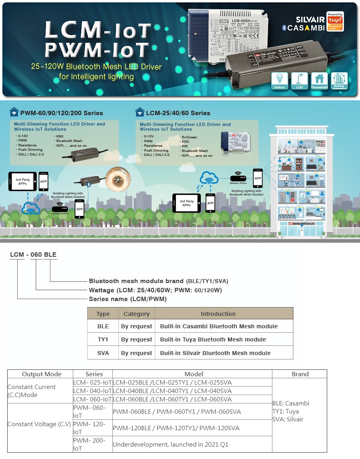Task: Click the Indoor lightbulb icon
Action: (280, 80)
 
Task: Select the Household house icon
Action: (319, 80)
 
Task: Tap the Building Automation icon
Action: (339, 80)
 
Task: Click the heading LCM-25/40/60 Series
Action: (178, 113)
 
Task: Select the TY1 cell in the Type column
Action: (103, 339)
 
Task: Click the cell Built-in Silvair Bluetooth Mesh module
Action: (215, 353)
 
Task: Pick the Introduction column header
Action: (218, 314)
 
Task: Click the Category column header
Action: (136, 314)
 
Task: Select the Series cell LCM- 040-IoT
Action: (92, 391)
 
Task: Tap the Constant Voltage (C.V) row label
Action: (39, 424)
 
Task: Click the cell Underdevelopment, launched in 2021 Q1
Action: (170, 444)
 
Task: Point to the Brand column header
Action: (300, 374)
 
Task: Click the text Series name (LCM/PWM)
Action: (128, 299)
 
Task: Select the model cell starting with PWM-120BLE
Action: (176, 428)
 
